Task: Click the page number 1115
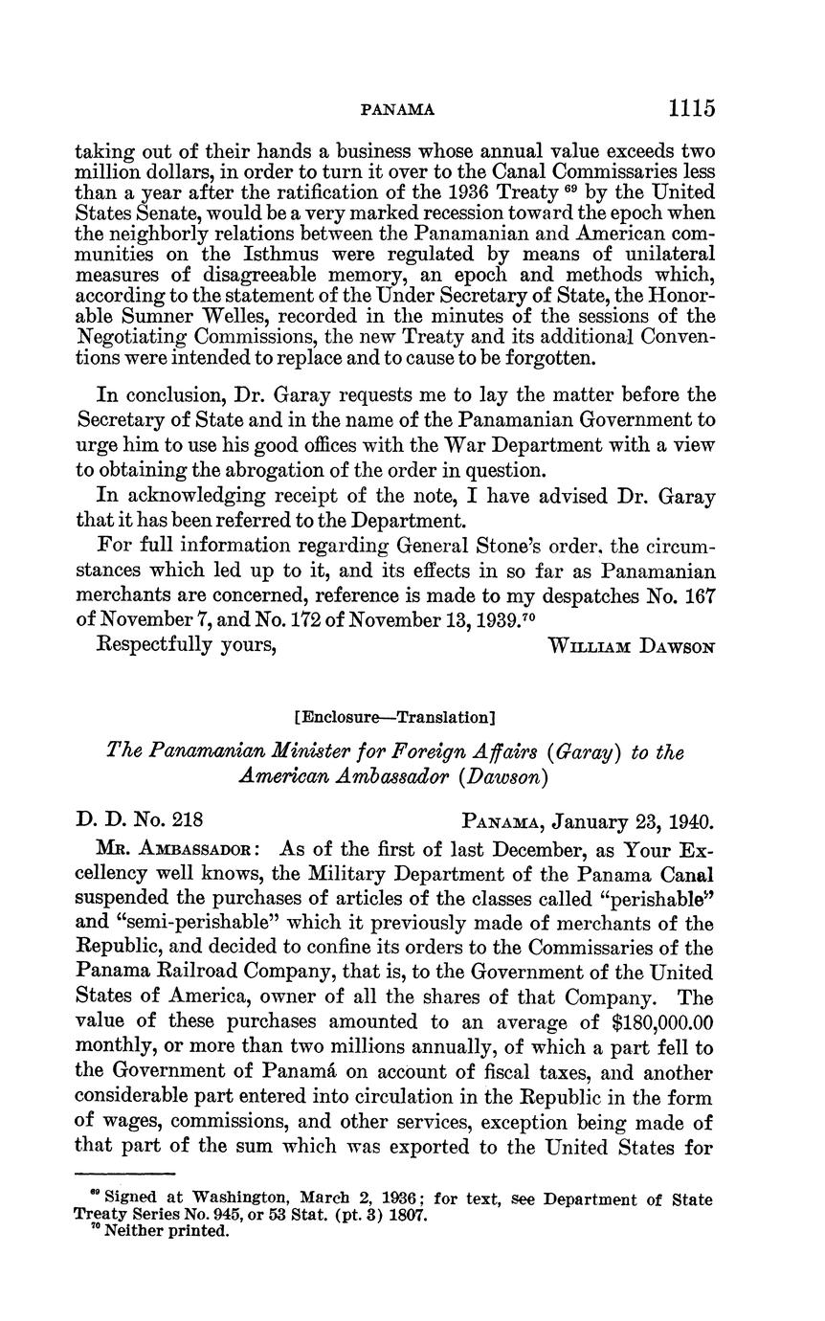click(x=692, y=108)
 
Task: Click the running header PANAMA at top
click(x=397, y=110)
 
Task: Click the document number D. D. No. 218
click(x=140, y=820)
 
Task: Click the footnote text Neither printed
click(x=167, y=1231)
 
